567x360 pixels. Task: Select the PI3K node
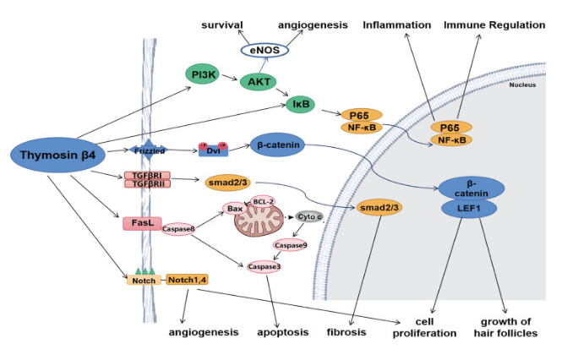[x=202, y=75]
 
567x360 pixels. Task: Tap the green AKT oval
[x=259, y=81]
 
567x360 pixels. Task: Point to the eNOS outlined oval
[x=264, y=51]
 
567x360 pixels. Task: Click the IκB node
[x=301, y=105]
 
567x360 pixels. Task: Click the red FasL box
[x=141, y=222]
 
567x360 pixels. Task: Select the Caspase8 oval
[x=177, y=228]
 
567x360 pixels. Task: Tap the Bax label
[x=232, y=208]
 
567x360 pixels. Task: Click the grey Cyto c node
[x=308, y=216]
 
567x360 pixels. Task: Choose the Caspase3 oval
[x=264, y=267]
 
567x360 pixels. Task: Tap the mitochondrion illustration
[x=261, y=224]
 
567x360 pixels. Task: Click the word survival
[x=221, y=25]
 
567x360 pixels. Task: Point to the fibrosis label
[x=346, y=332]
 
